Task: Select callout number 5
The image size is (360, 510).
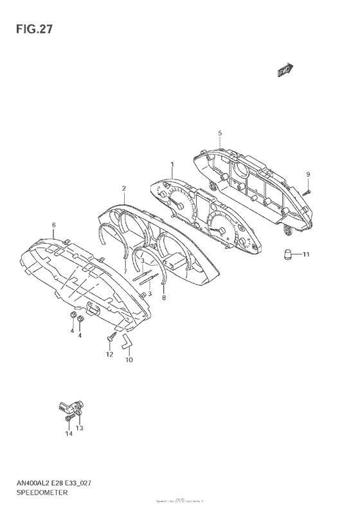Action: (x=220, y=133)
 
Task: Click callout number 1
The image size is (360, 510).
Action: (x=172, y=165)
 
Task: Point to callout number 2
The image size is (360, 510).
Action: (x=123, y=188)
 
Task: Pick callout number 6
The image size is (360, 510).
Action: (x=54, y=224)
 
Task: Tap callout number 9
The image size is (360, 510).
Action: (x=308, y=174)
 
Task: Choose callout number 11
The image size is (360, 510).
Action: (x=306, y=255)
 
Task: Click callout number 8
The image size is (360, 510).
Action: (x=164, y=298)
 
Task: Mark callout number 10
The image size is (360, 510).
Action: (x=129, y=360)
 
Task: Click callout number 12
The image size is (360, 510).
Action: (x=109, y=354)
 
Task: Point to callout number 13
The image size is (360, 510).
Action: (x=80, y=428)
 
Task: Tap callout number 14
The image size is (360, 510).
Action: (x=69, y=433)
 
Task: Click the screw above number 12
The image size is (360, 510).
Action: (x=110, y=338)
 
